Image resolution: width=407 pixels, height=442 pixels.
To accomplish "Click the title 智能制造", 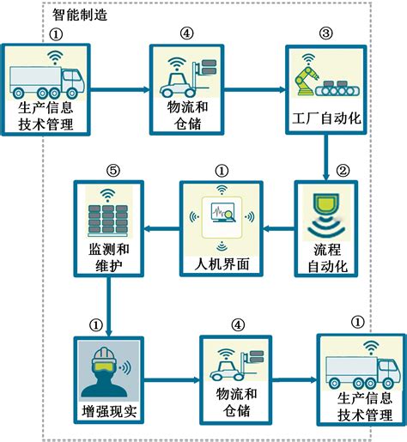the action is click(x=80, y=15).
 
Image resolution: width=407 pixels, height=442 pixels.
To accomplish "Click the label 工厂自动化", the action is click(x=326, y=118).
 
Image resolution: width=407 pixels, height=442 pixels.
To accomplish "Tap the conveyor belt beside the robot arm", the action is click(x=337, y=88).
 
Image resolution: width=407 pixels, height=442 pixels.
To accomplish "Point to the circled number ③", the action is click(x=325, y=33).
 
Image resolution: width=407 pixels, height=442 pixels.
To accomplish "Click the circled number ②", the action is click(x=343, y=171).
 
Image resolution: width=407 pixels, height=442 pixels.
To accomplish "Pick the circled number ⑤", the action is click(x=113, y=171).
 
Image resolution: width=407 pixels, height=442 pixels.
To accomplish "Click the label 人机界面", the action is click(x=222, y=263).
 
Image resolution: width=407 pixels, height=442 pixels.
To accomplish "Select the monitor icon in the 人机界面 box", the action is click(x=222, y=213).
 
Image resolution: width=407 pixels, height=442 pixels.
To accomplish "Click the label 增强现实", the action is click(x=109, y=411).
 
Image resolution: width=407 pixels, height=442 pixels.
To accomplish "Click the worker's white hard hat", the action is click(x=104, y=354).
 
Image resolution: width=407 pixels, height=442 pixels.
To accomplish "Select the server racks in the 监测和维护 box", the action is click(x=108, y=221).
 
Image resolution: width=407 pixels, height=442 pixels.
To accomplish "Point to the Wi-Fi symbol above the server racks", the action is click(x=107, y=195).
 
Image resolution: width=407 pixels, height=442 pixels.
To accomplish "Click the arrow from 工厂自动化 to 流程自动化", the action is click(x=325, y=157).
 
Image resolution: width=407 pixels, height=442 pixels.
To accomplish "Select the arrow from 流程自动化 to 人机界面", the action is click(x=279, y=228).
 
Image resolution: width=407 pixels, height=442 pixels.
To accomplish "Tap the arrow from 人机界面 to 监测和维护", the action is click(x=161, y=228).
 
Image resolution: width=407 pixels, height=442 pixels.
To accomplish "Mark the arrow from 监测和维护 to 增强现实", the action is click(x=109, y=306).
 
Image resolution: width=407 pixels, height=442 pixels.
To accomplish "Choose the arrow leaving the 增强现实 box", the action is click(x=172, y=380).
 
